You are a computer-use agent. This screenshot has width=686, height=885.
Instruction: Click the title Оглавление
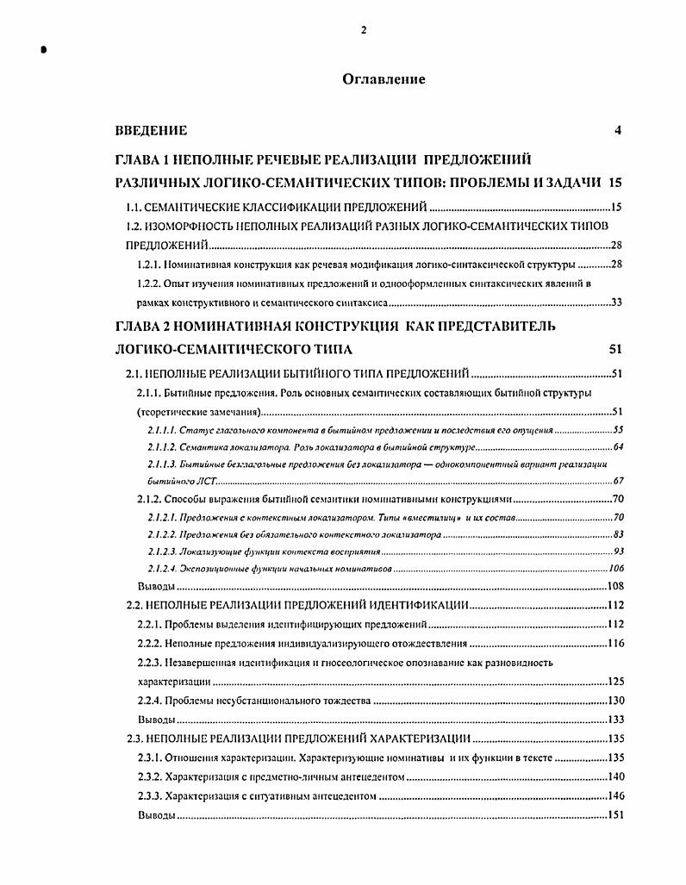point(384,79)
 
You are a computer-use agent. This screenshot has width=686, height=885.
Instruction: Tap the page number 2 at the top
point(364,30)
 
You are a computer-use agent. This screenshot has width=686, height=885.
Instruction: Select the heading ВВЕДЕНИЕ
point(151,131)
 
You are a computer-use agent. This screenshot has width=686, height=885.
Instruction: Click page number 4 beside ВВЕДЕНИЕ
point(617,131)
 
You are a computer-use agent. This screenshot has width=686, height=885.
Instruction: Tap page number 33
point(615,302)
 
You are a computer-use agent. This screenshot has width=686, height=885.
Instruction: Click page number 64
point(617,448)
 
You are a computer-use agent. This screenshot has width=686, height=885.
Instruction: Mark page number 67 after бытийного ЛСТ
point(617,482)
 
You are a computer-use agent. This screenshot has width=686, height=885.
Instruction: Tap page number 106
point(614,569)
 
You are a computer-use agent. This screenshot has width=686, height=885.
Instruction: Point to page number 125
point(615,681)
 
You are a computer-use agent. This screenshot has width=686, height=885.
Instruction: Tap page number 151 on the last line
point(614,815)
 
